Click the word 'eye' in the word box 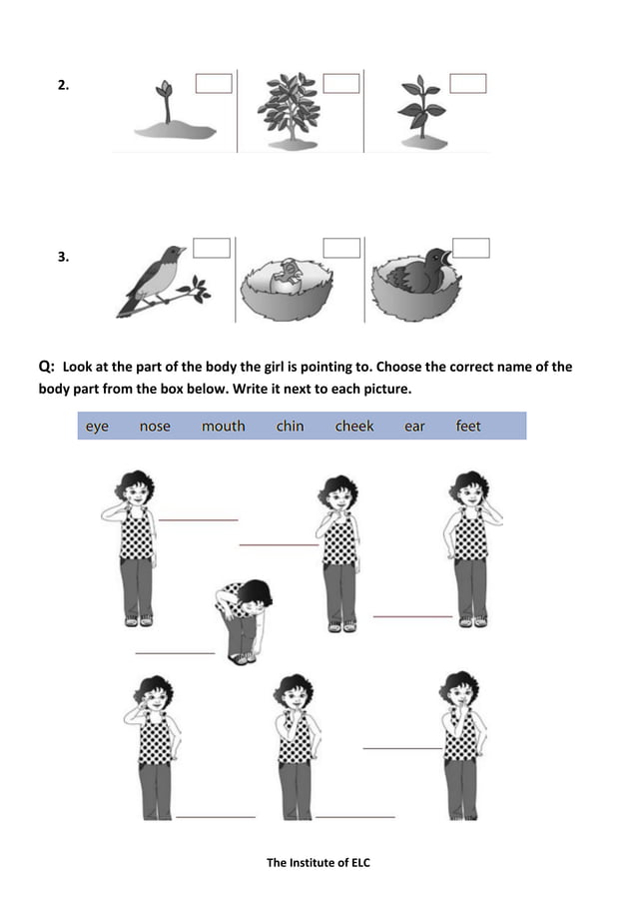[97, 427]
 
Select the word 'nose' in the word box [155, 427]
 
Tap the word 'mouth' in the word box [223, 427]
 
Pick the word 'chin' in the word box [290, 427]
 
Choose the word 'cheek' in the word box [354, 427]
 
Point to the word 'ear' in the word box [414, 427]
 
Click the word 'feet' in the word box [468, 427]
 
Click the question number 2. [63, 86]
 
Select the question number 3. [63, 258]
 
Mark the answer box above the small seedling [214, 83]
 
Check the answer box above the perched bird [212, 248]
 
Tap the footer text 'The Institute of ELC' [318, 863]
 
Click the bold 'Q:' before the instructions [46, 367]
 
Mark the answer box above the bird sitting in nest [470, 248]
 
